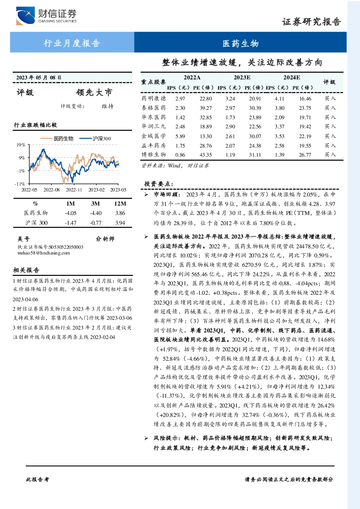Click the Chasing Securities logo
(46, 16)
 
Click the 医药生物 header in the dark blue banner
(240, 43)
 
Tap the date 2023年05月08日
(39, 78)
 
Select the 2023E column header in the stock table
(242, 78)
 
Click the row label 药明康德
(154, 98)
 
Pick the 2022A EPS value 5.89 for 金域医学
(180, 136)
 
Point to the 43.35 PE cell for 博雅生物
(206, 155)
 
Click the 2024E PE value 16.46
(305, 99)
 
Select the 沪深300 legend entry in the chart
(95, 138)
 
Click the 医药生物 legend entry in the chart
(57, 138)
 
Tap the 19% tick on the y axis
(21, 145)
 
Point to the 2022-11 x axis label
(74, 190)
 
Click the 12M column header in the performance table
(120, 204)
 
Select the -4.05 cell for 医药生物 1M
(70, 213)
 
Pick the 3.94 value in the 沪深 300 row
(120, 223)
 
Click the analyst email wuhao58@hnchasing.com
(44, 253)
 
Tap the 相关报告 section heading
(26, 270)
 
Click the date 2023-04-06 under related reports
(25, 299)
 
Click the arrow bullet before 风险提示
(146, 438)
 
